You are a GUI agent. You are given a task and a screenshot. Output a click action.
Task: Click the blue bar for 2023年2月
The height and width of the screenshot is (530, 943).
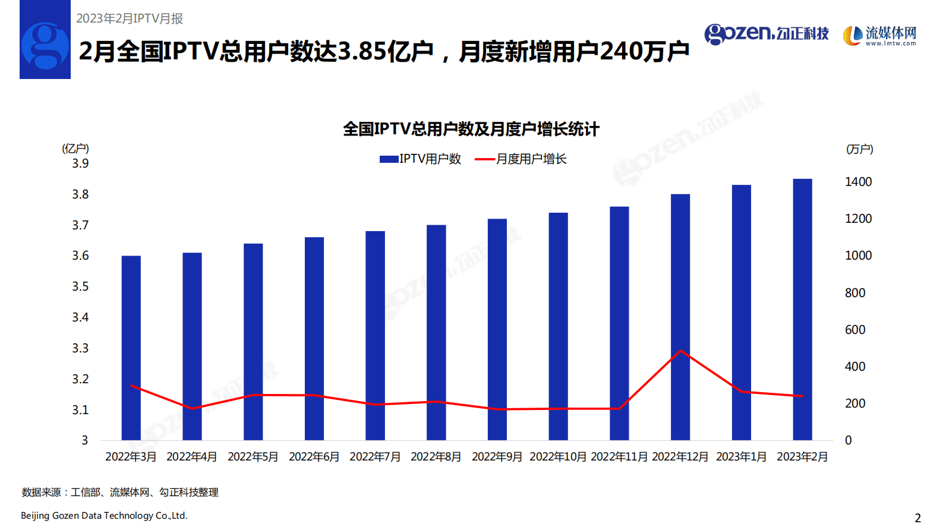click(802, 309)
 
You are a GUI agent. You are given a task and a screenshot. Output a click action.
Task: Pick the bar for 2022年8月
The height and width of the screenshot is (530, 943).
click(436, 332)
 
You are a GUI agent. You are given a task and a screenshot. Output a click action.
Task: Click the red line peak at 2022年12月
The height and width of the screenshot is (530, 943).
click(680, 351)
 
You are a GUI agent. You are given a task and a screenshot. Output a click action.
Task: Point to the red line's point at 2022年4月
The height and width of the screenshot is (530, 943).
click(192, 408)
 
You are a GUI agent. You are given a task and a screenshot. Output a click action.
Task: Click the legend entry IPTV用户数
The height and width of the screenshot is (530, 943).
click(421, 159)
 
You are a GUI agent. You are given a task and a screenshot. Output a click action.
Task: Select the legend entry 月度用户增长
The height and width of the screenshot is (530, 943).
click(521, 159)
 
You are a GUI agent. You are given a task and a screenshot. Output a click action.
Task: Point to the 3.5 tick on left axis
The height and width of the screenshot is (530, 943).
click(80, 286)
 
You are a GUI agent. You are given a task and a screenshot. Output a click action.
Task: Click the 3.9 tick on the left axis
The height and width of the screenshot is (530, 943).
click(80, 163)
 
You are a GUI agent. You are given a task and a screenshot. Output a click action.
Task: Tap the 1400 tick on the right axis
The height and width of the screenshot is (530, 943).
click(858, 182)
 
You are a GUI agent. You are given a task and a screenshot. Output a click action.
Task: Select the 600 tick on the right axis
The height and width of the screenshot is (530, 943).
click(854, 330)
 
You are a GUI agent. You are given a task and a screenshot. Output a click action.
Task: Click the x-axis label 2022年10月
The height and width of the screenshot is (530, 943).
click(557, 456)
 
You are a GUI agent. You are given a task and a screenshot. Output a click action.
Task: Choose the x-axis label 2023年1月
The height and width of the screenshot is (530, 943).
click(741, 456)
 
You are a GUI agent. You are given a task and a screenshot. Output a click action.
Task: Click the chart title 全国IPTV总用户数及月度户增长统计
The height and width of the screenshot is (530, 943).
click(471, 129)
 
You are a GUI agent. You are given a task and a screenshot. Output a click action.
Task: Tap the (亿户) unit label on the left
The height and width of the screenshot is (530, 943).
click(75, 149)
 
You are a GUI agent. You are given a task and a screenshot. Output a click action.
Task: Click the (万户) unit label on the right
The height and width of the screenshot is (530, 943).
click(859, 149)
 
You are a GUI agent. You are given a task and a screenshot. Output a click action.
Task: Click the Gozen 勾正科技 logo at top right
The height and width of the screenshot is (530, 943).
click(767, 34)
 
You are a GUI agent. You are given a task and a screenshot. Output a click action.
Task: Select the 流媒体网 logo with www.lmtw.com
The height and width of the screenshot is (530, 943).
click(880, 36)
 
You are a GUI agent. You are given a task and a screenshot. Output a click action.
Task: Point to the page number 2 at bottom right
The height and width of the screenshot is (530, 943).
click(917, 518)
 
